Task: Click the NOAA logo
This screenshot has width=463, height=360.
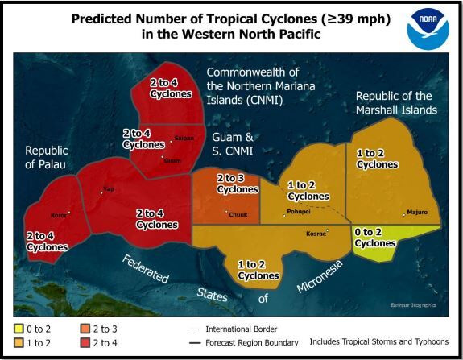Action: [427, 27]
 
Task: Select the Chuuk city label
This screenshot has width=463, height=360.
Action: [238, 213]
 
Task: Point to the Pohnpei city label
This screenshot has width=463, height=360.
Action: [296, 213]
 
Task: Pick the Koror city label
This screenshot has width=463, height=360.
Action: [58, 215]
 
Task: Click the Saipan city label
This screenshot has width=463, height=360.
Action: [184, 139]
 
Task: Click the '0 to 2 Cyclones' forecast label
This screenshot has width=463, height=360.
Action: [374, 238]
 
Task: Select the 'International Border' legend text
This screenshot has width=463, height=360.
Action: [242, 329]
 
